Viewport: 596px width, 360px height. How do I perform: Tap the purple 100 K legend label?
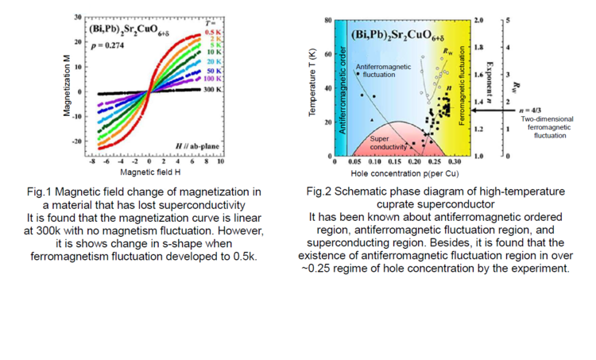pyautogui.click(x=212, y=79)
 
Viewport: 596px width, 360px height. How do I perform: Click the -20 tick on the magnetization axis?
pyautogui.click(x=78, y=141)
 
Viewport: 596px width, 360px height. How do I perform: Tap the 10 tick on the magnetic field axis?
pyautogui.click(x=219, y=161)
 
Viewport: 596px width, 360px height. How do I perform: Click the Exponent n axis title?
pyautogui.click(x=491, y=76)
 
